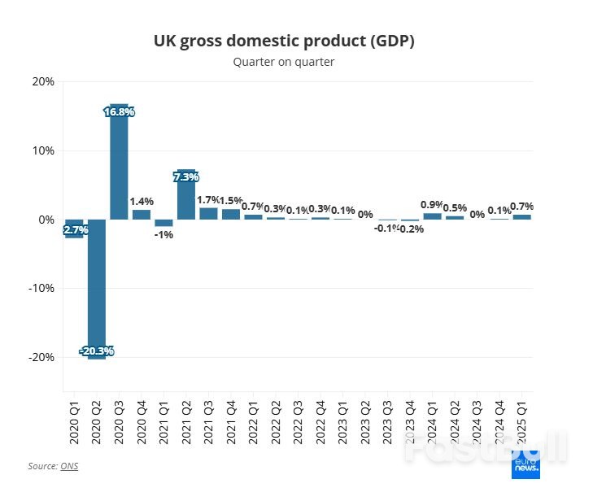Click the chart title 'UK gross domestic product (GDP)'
tap(284, 41)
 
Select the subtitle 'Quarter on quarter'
tap(284, 62)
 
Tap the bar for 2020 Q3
tap(120, 167)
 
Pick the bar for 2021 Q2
tap(186, 195)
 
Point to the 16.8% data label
tap(120, 111)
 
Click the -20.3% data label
tap(97, 351)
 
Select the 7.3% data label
tap(186, 176)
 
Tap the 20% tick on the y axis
tap(43, 81)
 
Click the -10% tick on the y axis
tap(41, 288)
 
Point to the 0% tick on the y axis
tap(46, 220)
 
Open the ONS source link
tap(69, 466)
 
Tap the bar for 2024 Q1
tap(432, 216)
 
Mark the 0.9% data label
tap(432, 205)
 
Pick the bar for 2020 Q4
tap(142, 215)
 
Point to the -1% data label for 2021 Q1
tap(164, 234)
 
